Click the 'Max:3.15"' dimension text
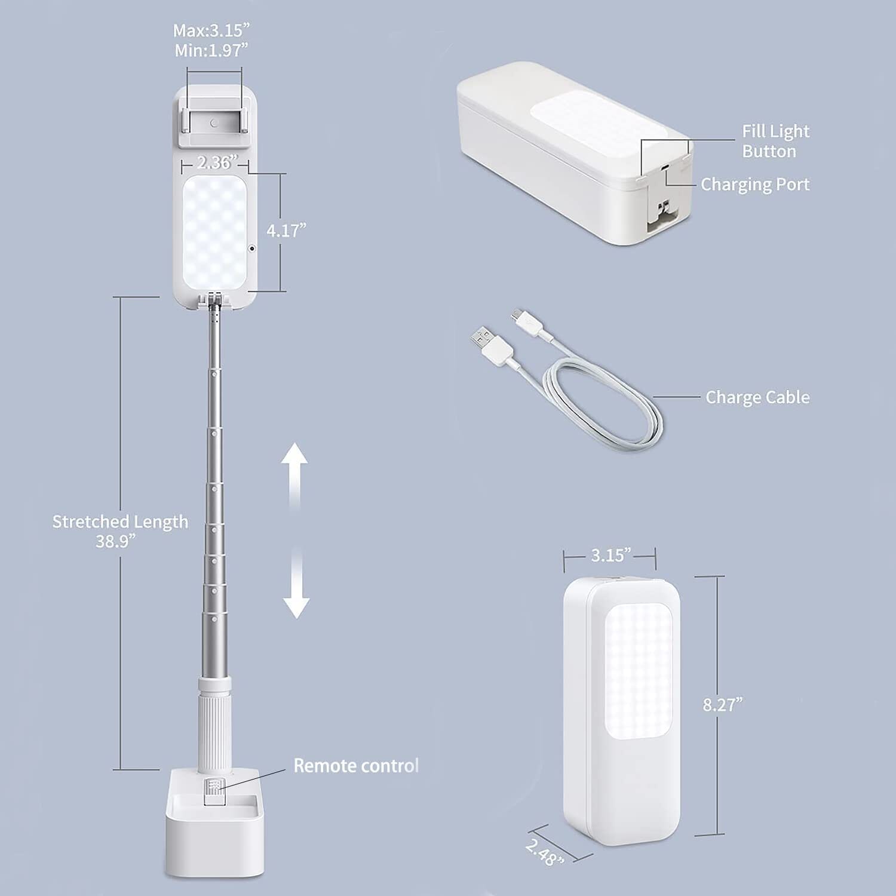211,30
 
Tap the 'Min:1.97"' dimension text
211,51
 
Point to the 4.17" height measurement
286,231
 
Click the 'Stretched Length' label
120,521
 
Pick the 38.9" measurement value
116,541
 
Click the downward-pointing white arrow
296,584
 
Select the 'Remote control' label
356,766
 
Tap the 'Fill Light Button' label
775,141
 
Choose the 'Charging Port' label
755,185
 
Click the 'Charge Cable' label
757,397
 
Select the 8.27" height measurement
723,705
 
